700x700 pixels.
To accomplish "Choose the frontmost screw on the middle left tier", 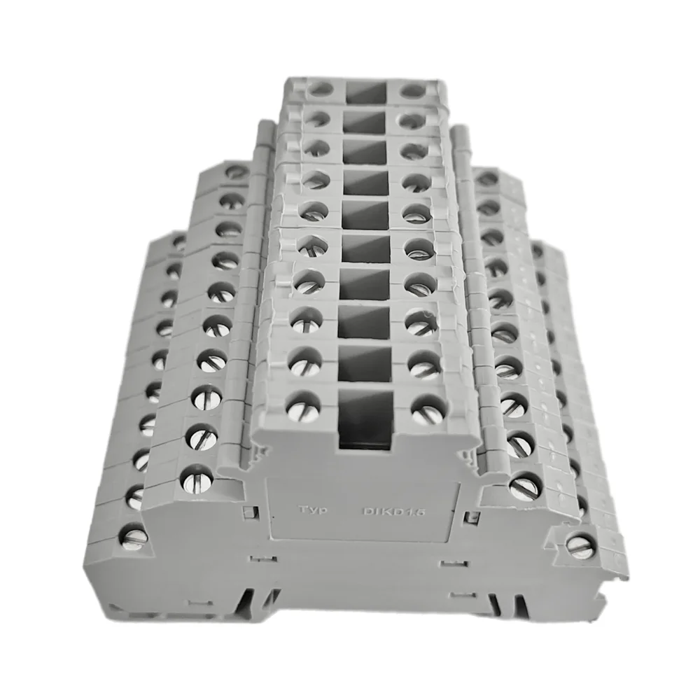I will point(197,479).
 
